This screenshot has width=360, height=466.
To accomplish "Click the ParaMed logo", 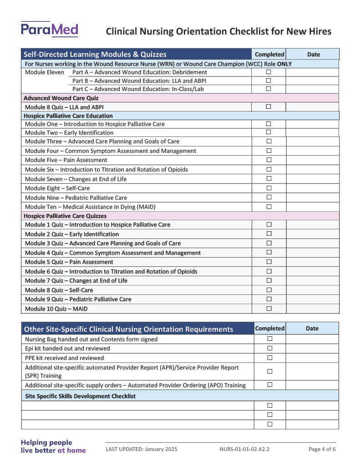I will click(x=49, y=30).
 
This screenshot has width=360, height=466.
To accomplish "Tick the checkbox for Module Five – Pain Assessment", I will click(x=269, y=160).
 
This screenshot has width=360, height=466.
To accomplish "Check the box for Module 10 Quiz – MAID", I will click(x=269, y=309).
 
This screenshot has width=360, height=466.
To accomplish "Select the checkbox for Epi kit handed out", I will click(x=269, y=348).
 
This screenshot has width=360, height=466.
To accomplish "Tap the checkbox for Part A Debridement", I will click(x=269, y=72).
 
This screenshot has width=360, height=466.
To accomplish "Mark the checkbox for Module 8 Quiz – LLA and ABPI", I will click(x=269, y=106).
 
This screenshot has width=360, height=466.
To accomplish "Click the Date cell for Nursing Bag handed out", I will click(x=312, y=339).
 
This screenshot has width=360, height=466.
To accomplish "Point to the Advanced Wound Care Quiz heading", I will click(x=61, y=98).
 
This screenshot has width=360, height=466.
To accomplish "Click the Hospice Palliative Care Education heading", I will click(x=68, y=116).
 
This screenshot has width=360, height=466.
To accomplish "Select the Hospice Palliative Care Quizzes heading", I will click(x=65, y=216).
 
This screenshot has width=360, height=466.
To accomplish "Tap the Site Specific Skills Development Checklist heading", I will click(x=80, y=396).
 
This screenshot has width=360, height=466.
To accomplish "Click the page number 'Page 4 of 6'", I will click(x=322, y=449).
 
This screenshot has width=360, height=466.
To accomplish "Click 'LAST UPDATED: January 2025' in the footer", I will click(x=142, y=449).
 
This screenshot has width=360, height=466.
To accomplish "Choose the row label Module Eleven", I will click(x=45, y=72).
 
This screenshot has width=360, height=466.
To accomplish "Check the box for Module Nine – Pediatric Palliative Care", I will click(x=269, y=197).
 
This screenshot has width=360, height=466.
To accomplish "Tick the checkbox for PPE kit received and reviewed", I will click(x=269, y=358).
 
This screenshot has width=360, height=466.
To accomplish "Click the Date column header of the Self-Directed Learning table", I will click(x=314, y=54).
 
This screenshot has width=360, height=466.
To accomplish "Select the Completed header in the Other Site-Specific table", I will click(x=269, y=328).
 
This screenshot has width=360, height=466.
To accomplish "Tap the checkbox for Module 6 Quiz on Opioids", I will click(x=269, y=271).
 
